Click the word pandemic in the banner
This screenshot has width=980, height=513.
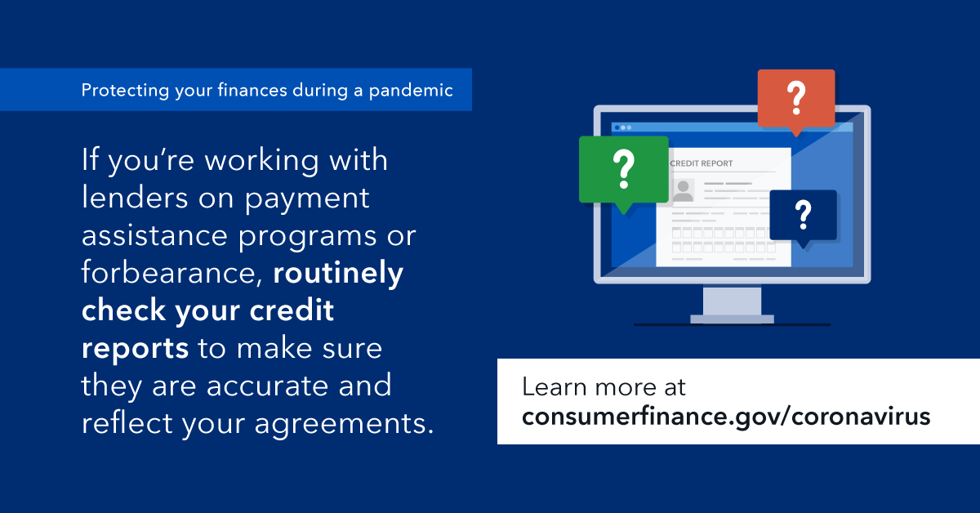tap(411, 91)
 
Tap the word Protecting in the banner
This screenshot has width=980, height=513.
tap(125, 91)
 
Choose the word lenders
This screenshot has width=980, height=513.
tap(136, 198)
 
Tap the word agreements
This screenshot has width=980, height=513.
tap(344, 424)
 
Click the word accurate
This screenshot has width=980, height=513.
tap(267, 386)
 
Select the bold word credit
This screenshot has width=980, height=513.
tap(292, 310)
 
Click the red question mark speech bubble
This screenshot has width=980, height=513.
tap(796, 100)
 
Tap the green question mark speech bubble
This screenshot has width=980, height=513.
tap(624, 173)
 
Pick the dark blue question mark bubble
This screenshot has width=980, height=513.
tap(804, 217)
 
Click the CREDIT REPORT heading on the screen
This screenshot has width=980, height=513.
tap(702, 163)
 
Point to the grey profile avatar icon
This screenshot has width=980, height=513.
tap(683, 190)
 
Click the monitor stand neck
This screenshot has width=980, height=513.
tap(732, 301)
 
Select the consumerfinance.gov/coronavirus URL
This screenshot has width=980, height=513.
tap(726, 417)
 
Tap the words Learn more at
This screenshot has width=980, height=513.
tap(604, 387)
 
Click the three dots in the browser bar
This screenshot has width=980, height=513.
tap(623, 127)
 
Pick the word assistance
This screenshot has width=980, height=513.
tap(155, 235)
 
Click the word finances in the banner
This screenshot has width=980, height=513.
tap(252, 90)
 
